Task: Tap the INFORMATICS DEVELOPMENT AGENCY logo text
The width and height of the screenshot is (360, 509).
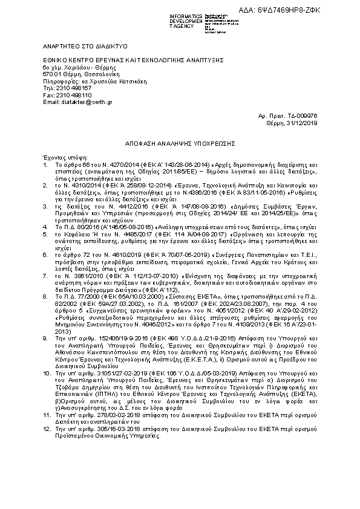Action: pyautogui.click(x=187, y=21)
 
